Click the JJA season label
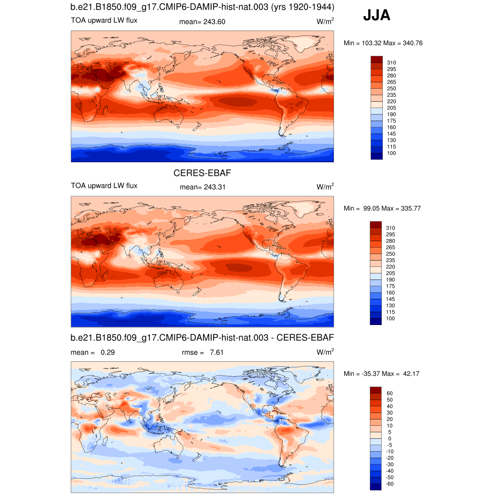pos(377,16)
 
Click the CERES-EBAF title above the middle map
pos(199,172)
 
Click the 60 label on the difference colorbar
pos(389,393)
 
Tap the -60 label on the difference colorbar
pos(390,484)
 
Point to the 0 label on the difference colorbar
pos(389,438)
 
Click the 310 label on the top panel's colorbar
pos(391,62)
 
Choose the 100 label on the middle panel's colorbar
pos(391,318)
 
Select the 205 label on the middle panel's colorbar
pos(391,273)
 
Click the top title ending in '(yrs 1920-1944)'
pos(202,7)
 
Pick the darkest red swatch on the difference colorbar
pos(376,390)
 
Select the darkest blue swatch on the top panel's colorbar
pos(376,156)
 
